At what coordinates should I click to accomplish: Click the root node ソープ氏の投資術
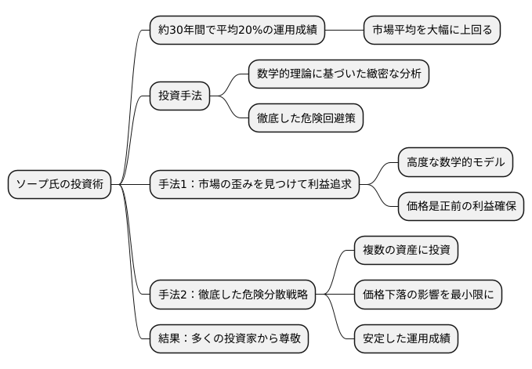(59, 185)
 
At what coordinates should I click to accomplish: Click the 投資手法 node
(179, 97)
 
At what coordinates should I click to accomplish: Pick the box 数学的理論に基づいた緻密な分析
(338, 74)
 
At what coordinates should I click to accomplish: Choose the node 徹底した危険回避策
(305, 119)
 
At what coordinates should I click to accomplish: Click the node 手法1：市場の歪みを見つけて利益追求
(254, 185)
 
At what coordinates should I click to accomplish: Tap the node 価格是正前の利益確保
(460, 207)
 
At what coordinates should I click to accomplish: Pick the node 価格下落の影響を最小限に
(427, 295)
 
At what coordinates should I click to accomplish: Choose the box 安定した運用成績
(405, 339)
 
